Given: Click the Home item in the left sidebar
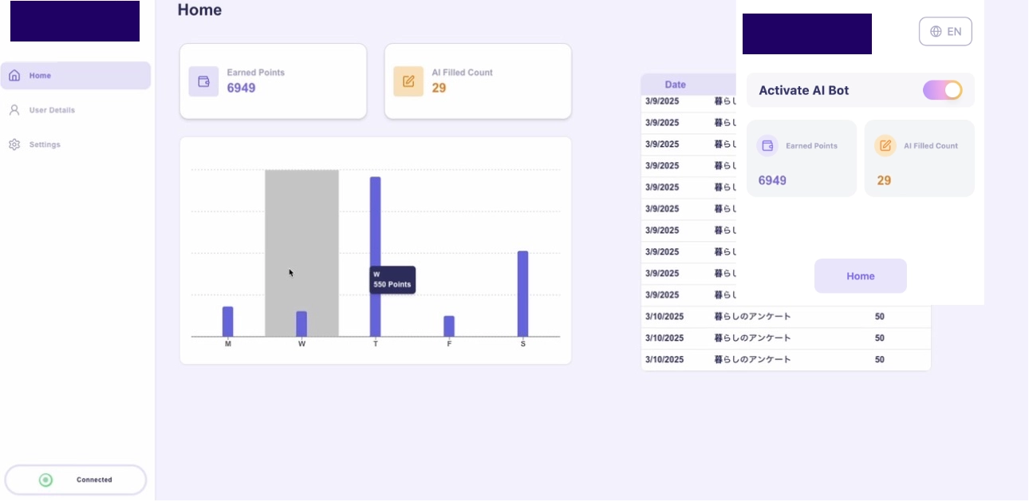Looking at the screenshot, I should tap(75, 76).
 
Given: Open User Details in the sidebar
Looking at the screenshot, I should tap(52, 110).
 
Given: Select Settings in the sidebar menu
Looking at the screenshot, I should tap(45, 144).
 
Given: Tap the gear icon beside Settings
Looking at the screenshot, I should tap(14, 144).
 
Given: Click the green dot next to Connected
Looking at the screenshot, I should tap(46, 480).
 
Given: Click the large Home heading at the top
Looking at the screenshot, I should tap(199, 10).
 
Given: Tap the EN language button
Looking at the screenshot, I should tap(945, 32).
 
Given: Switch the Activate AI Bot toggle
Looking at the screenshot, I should tap(942, 90).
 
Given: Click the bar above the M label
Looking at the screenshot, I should tap(228, 321).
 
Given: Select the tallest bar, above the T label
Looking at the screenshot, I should tap(375, 255).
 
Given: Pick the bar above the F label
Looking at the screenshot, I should tap(449, 326).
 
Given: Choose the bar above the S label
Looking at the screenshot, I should tap(523, 293).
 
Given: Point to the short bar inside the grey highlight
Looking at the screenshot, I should tap(302, 323).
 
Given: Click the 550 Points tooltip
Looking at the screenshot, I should tap(392, 280).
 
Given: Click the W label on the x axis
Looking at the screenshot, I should tap(302, 344).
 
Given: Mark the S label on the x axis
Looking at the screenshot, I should tap(523, 344).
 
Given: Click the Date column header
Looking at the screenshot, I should tap(676, 85).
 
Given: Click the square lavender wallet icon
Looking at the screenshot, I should tap(203, 81).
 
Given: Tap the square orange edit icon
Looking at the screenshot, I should tap(408, 81).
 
